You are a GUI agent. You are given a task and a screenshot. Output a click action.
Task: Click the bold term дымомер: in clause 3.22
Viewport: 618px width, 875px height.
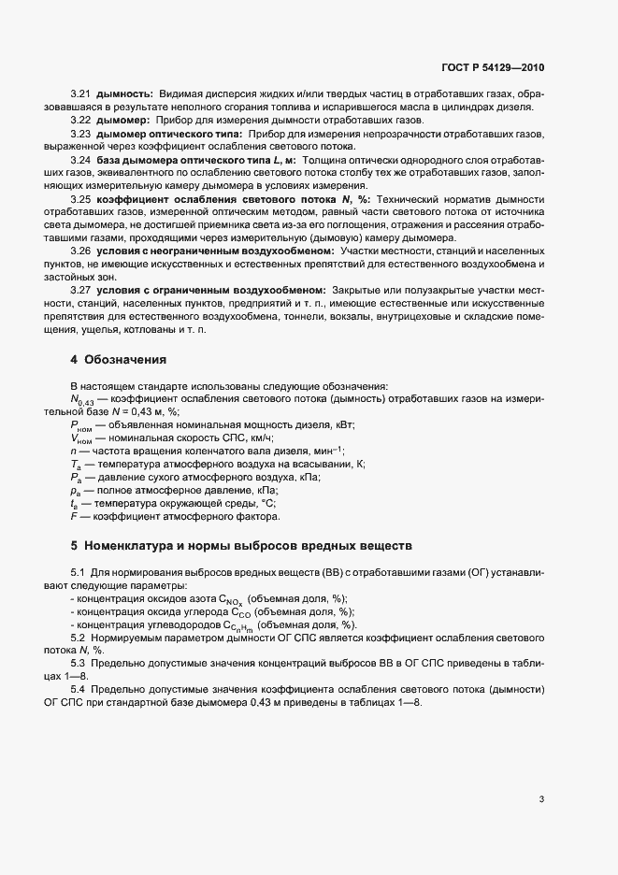tap(125, 122)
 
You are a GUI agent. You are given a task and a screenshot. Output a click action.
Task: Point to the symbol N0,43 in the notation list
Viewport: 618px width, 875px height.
tap(85, 399)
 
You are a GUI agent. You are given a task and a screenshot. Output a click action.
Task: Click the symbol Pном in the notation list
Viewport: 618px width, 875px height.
tap(82, 425)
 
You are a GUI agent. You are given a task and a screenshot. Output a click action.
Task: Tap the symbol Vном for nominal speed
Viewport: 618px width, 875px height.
tap(82, 438)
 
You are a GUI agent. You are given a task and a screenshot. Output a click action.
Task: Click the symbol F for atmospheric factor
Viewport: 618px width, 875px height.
tap(74, 516)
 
